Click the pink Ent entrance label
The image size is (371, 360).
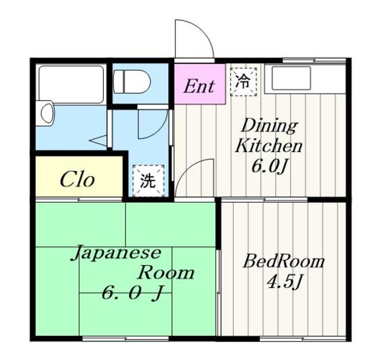coord(199,86)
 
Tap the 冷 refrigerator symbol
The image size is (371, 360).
coord(244,82)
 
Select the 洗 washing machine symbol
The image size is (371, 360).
coord(148,181)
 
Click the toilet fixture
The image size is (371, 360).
coord(132,82)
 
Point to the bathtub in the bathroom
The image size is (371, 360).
coord(70,83)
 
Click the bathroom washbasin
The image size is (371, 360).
coord(47,112)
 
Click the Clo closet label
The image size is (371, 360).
coord(77,180)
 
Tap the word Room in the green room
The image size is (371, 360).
coord(166,272)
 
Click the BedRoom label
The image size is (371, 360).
coord(283,261)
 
